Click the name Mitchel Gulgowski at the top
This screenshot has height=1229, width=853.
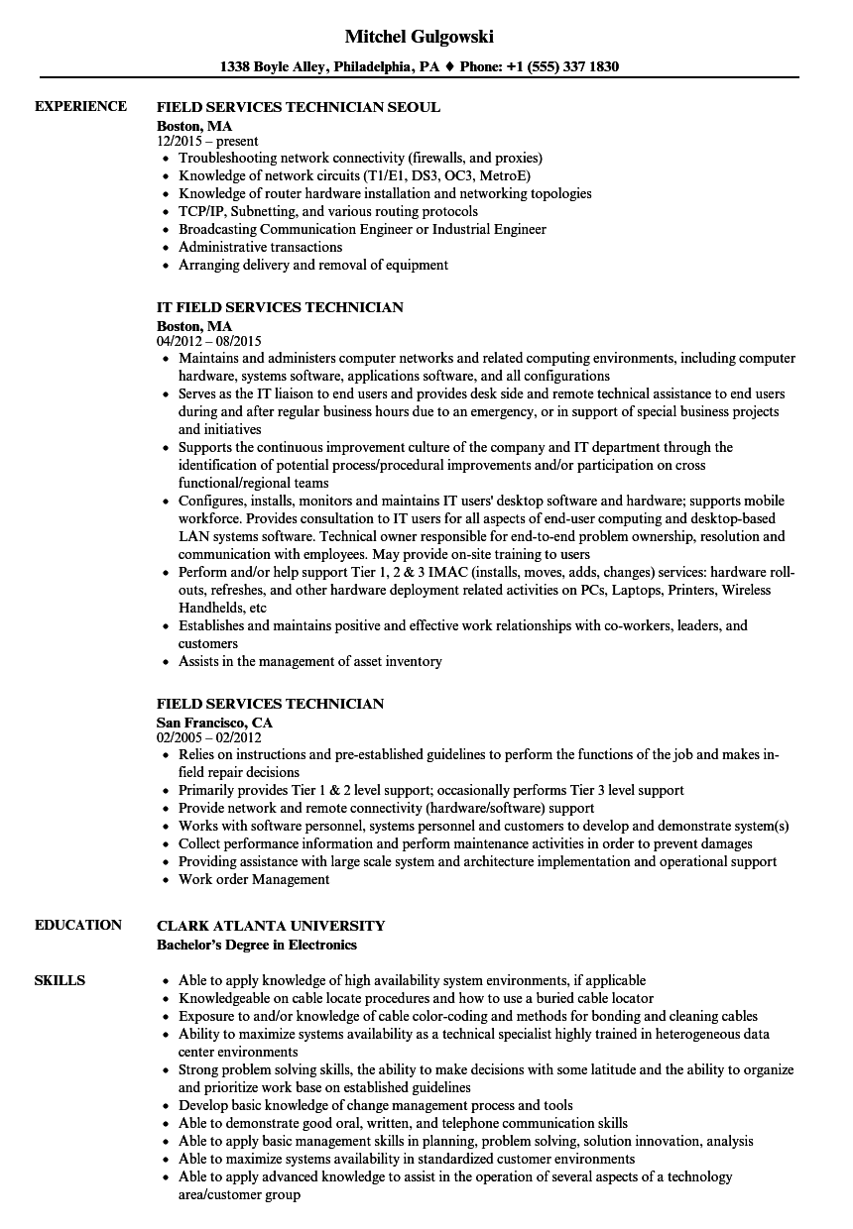click(x=419, y=36)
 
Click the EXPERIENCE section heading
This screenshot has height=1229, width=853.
click(x=80, y=106)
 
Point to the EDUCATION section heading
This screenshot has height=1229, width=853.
click(x=77, y=925)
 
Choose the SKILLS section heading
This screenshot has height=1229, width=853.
click(x=60, y=980)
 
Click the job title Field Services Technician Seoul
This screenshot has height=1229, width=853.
click(x=298, y=106)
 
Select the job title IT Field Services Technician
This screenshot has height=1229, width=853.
click(x=279, y=307)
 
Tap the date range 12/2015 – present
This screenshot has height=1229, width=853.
click(x=207, y=141)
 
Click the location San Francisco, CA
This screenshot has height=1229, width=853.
click(x=214, y=722)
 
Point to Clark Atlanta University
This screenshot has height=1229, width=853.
click(x=271, y=925)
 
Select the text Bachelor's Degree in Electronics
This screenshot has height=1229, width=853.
click(x=257, y=945)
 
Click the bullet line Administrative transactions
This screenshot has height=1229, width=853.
click(x=260, y=247)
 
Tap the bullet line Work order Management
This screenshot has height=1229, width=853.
click(x=254, y=879)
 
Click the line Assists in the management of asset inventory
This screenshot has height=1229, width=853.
click(x=309, y=661)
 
